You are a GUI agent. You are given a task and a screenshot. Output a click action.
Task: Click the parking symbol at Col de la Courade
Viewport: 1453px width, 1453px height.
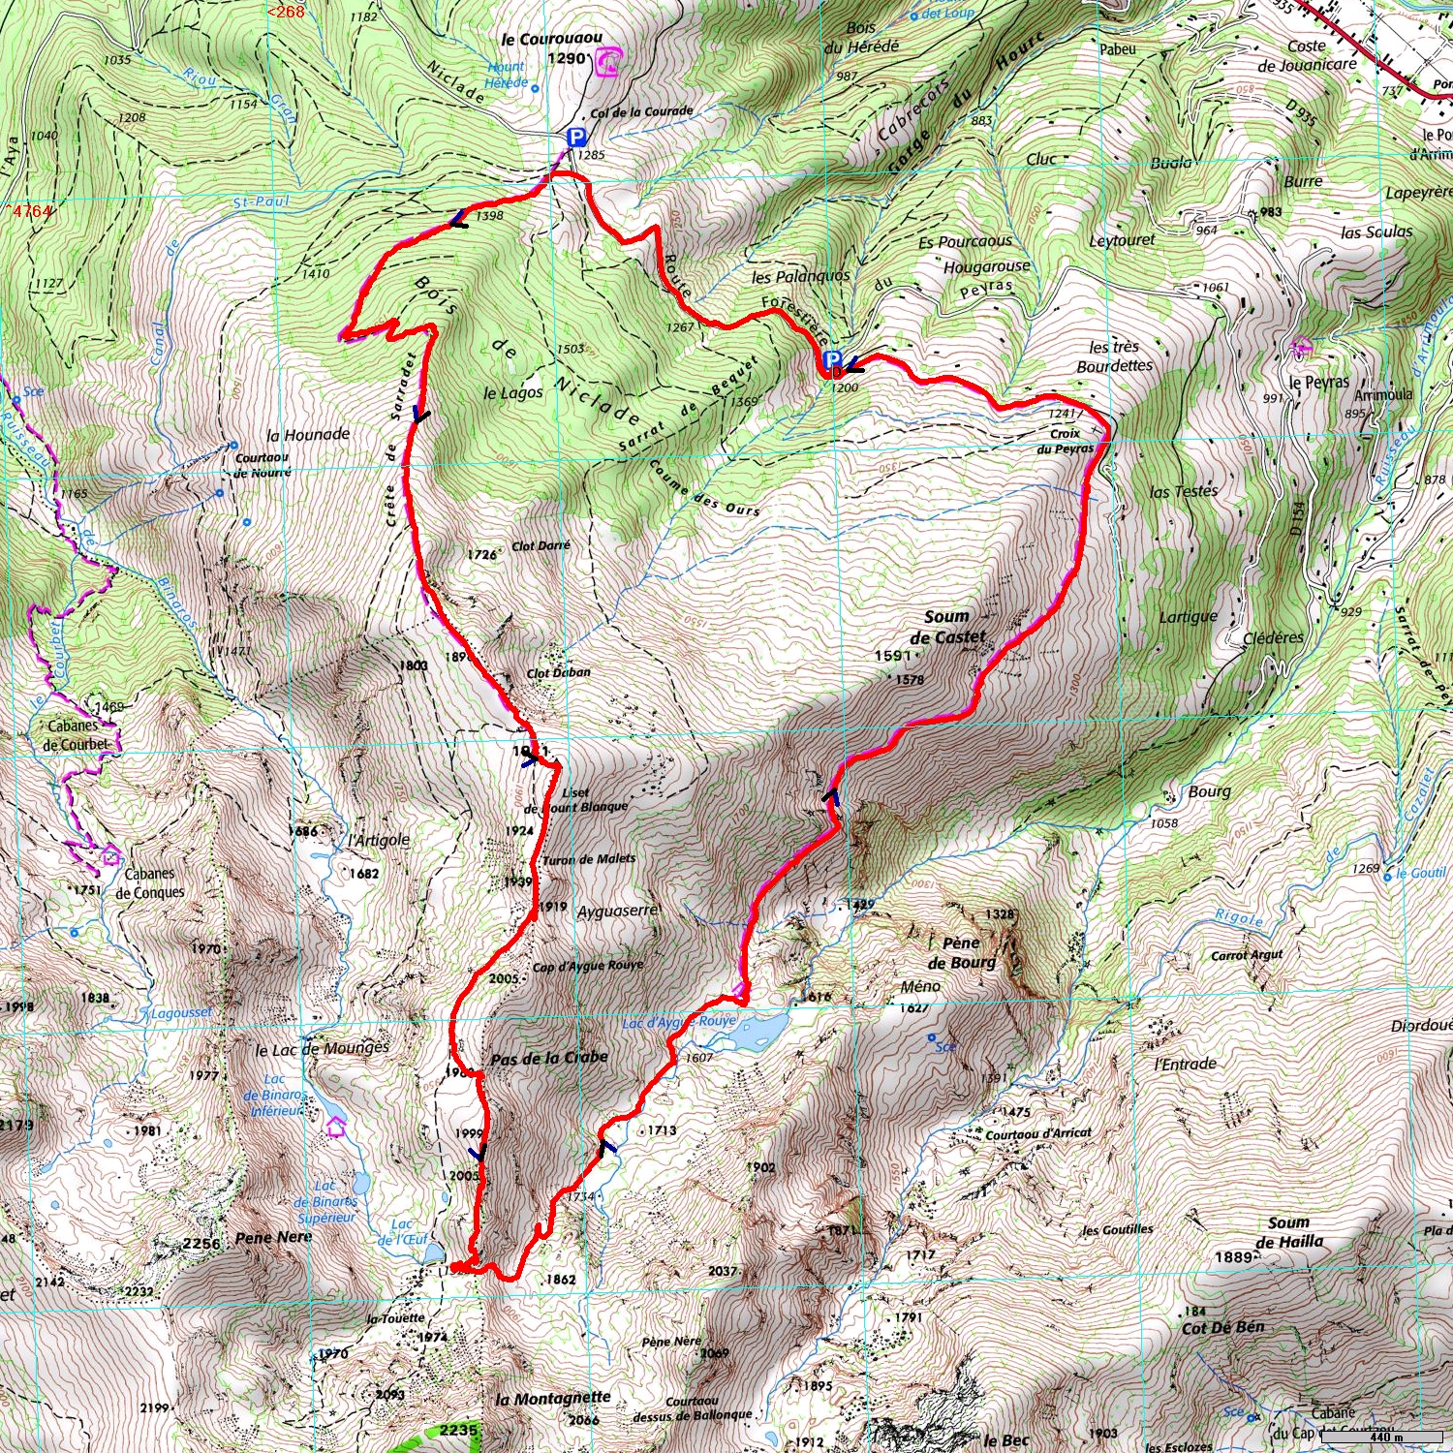click(x=576, y=139)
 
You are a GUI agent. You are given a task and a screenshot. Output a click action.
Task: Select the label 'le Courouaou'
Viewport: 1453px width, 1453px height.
click(x=551, y=40)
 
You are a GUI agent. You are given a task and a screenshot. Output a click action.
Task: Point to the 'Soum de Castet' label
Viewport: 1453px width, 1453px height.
click(x=946, y=627)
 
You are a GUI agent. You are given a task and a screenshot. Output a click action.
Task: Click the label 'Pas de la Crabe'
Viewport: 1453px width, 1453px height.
click(x=548, y=1058)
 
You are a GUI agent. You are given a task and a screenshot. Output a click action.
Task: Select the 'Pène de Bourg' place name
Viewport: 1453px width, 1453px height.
click(x=961, y=952)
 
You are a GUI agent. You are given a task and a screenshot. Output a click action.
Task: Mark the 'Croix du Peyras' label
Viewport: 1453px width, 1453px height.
click(x=1065, y=441)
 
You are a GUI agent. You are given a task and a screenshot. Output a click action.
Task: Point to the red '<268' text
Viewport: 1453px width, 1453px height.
click(x=286, y=12)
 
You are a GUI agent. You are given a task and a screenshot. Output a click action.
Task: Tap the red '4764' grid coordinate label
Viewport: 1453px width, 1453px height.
click(x=29, y=211)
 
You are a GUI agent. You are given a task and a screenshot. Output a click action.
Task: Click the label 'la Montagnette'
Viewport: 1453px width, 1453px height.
click(x=553, y=1398)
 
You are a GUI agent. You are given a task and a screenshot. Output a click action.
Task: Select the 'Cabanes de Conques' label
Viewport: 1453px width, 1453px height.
click(x=149, y=882)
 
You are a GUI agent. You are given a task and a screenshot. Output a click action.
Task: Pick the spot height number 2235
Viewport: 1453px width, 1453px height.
click(x=458, y=1430)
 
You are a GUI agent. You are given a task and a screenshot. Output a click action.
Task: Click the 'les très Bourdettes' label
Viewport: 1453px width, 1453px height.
click(x=1114, y=356)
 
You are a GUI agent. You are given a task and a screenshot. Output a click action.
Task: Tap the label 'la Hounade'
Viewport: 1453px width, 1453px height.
click(x=308, y=435)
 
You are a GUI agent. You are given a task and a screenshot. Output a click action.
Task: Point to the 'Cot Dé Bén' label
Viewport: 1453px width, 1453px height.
click(x=1222, y=1327)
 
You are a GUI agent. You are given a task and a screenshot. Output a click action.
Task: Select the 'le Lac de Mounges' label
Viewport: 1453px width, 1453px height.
click(x=322, y=1049)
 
